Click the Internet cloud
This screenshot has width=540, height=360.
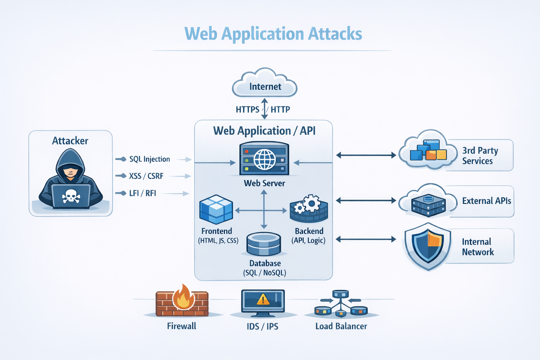click(x=265, y=84)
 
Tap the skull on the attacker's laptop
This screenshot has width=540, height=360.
click(x=71, y=196)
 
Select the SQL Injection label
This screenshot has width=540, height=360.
click(x=149, y=159)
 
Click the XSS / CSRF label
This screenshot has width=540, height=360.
click(x=146, y=176)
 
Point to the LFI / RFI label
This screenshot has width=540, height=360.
click(x=142, y=193)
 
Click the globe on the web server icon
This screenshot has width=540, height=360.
click(x=264, y=160)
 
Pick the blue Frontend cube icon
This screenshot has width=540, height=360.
click(x=216, y=210)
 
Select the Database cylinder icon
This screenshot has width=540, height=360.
click(x=264, y=244)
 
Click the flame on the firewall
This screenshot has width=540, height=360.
click(x=183, y=297)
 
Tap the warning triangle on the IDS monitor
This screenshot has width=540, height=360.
click(x=263, y=300)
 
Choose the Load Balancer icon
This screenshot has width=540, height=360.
click(x=340, y=304)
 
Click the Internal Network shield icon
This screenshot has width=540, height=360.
click(x=427, y=246)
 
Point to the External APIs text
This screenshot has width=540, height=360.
click(x=486, y=201)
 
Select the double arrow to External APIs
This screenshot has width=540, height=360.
click(x=366, y=200)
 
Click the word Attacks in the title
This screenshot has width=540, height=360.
click(x=335, y=34)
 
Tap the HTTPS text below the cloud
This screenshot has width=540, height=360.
click(x=247, y=110)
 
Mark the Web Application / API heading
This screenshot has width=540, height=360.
click(x=264, y=131)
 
